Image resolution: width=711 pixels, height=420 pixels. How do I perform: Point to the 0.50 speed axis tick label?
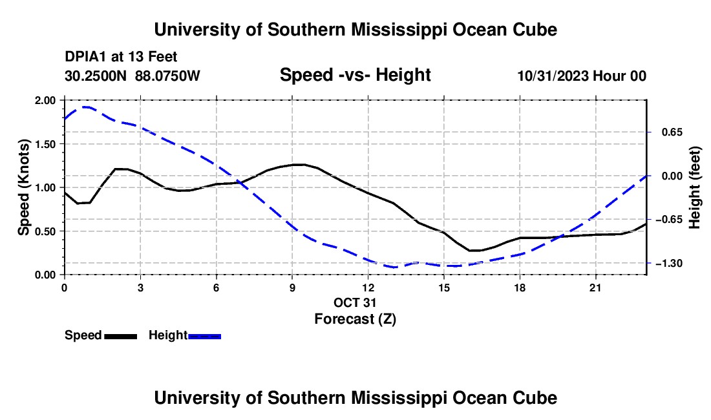45,231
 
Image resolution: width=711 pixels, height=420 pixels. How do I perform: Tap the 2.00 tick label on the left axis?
45,100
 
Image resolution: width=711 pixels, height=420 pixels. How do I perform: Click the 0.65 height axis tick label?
672,132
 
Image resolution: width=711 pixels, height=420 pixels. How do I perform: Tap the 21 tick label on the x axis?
595,288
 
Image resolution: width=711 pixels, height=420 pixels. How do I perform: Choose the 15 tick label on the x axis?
444,288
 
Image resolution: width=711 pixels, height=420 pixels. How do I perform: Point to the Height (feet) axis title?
694,187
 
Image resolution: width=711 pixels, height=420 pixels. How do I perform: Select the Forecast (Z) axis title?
355,319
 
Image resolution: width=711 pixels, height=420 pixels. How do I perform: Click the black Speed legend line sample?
121,336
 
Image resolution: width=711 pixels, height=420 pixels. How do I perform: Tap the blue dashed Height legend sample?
204,336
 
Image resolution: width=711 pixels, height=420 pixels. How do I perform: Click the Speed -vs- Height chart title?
355,75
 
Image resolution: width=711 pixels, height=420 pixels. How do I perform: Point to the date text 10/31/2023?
553,76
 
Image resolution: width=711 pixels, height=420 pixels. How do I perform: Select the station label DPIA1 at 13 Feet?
121,57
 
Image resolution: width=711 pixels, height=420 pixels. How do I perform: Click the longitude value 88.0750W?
167,76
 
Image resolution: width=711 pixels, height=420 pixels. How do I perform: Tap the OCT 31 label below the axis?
355,302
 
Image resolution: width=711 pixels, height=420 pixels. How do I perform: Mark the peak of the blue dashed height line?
86,107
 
